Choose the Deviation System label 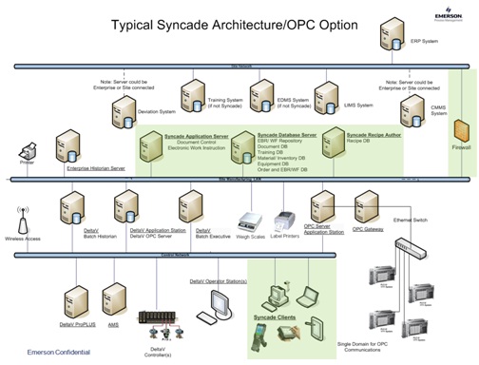[156, 112]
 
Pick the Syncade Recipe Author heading [378, 136]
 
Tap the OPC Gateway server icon [366, 205]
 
